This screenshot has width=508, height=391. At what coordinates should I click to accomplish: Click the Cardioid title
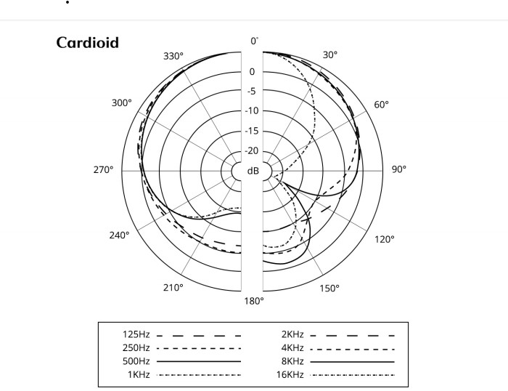point(87,42)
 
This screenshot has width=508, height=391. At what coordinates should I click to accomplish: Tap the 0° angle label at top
point(254,41)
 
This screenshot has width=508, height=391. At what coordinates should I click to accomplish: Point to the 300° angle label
point(122,103)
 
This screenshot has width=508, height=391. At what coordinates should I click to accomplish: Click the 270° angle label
point(103,169)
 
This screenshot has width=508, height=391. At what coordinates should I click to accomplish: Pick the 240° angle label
point(120,235)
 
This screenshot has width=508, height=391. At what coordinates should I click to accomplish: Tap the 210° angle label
point(173,288)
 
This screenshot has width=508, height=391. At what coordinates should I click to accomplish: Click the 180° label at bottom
point(253,300)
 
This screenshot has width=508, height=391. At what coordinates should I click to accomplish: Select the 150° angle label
point(329,289)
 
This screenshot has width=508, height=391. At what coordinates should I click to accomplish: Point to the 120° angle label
point(385,239)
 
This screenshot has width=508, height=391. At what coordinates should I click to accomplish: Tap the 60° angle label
point(382,105)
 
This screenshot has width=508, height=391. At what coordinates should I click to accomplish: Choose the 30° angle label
point(330,55)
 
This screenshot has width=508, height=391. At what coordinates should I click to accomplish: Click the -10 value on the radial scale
point(252,111)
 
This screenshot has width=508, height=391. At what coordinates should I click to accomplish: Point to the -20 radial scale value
point(252,151)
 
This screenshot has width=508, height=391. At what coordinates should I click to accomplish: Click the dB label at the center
point(253,171)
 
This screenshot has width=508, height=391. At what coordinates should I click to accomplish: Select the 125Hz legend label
point(137,335)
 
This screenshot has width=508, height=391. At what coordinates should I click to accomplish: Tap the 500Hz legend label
point(137,361)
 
